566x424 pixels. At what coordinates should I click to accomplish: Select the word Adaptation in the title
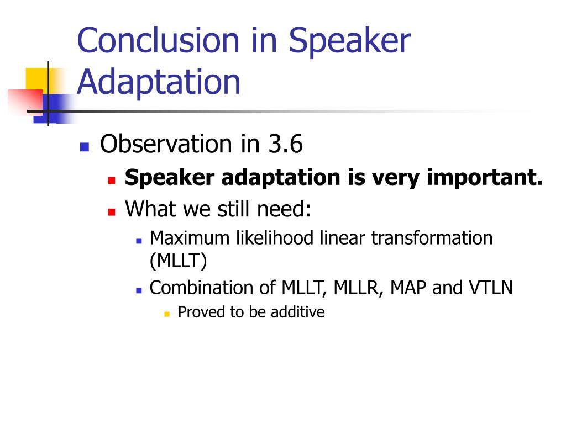pos(159,83)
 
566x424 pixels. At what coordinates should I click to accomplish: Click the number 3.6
pos(285,144)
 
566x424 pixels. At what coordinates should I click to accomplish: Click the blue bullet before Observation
pos(85,147)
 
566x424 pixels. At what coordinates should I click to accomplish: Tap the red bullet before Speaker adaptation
pos(112,180)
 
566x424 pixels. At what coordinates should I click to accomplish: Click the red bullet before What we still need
pos(112,211)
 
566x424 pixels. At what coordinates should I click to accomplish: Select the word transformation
pos(432,239)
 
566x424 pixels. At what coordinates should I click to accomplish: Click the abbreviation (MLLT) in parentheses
pos(179,261)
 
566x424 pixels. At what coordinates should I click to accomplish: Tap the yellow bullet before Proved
pos(167,314)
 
